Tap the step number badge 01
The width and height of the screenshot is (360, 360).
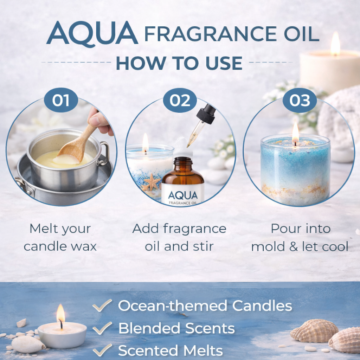[x=61, y=100]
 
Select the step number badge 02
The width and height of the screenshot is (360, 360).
[x=180, y=100]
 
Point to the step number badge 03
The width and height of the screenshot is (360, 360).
[x=300, y=100]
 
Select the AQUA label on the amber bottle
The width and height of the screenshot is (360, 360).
[x=183, y=195]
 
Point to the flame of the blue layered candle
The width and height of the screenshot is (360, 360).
[x=295, y=133]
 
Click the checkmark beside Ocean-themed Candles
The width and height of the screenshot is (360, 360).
[x=102, y=306]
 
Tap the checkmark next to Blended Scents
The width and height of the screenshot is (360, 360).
[x=102, y=328]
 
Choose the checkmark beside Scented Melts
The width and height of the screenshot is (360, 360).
[x=102, y=350]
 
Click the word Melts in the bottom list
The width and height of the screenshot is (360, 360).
[x=203, y=351]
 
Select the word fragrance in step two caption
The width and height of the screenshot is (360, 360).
[x=195, y=229]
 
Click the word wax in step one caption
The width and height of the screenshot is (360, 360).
[x=84, y=247]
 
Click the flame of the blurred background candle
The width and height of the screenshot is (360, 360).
[x=335, y=44]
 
